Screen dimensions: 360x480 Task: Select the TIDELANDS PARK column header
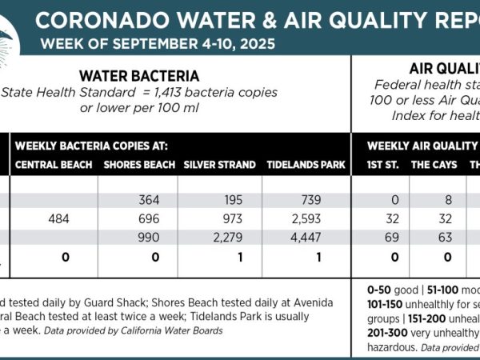[306, 166]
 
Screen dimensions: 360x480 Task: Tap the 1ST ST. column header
[382, 166]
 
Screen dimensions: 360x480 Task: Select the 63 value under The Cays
[445, 237]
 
